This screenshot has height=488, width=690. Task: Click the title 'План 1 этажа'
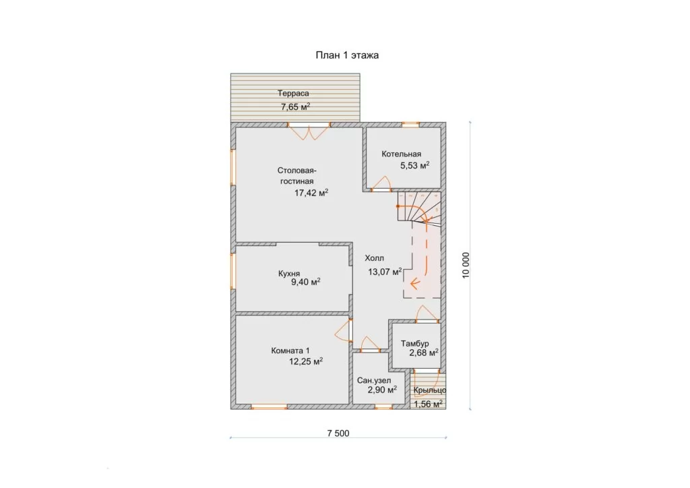[x=347, y=55]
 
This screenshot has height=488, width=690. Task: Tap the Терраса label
[x=293, y=93]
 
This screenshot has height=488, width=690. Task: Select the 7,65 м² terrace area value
[x=296, y=106]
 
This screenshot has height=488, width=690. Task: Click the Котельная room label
[x=402, y=154]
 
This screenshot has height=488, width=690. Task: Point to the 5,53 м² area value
[x=414, y=165]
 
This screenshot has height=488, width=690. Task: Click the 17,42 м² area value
[x=311, y=193]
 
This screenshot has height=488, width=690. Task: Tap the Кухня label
[x=289, y=273]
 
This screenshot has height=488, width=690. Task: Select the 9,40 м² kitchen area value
[x=305, y=282]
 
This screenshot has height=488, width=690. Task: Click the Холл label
[x=374, y=258]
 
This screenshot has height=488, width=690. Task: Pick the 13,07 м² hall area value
[x=385, y=272]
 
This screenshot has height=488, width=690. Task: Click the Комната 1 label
[x=290, y=350]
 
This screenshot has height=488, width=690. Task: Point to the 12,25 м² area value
[x=306, y=362]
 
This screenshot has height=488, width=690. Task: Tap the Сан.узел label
[x=374, y=381]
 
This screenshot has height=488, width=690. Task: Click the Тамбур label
[x=414, y=343]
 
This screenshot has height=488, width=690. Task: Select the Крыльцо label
[x=430, y=390]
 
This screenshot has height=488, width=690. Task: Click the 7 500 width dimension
[x=338, y=433]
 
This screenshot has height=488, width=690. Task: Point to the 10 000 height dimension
[x=466, y=265]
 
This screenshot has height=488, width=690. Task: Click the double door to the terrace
[x=309, y=133]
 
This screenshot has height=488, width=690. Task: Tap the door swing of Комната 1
[x=343, y=331]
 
